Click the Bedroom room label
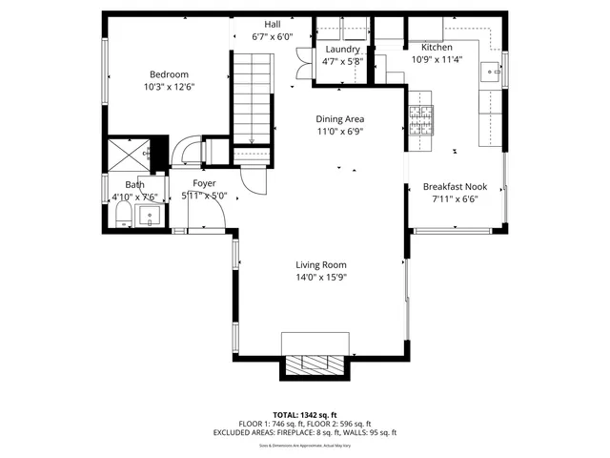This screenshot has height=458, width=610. point(168,74)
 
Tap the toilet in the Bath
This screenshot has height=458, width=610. point(121,220)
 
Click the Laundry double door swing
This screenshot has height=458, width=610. point(302,60)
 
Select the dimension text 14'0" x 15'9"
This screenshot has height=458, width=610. point(320,279)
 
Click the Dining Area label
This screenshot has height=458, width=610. point(340,118)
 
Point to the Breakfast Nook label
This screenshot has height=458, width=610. point(456,187)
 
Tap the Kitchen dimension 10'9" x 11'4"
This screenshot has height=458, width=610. point(437,59)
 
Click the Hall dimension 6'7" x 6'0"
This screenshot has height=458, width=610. point(272,37)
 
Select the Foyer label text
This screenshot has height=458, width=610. point(204,183)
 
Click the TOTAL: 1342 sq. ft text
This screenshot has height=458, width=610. point(305,415)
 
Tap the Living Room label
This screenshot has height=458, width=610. point(320,265)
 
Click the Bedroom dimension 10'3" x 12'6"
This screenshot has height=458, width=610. point(168,87)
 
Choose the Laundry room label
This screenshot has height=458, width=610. point(342,50)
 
